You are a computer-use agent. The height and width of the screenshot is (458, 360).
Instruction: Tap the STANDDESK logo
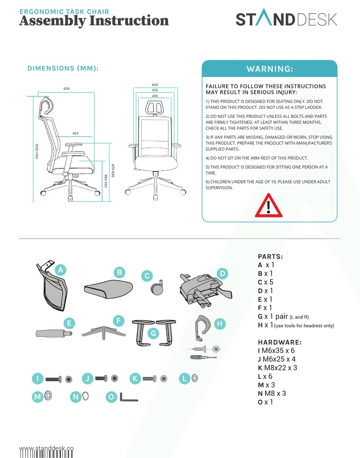[x=286, y=19]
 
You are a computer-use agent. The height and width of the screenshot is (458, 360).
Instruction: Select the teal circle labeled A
[x=61, y=270]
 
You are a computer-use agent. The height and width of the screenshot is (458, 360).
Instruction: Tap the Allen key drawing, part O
[x=128, y=397]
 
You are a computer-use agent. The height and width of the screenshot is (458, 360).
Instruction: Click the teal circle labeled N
[x=76, y=397]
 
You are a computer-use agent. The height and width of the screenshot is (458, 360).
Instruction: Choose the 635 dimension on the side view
[x=67, y=89]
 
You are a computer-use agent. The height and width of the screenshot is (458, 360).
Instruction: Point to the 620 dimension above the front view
[x=155, y=85]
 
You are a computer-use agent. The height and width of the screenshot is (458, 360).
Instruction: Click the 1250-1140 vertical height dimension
[x=37, y=151]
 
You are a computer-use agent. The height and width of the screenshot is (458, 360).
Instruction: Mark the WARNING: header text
[x=269, y=69]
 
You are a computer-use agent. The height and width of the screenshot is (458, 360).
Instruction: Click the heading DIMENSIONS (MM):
[x=63, y=69]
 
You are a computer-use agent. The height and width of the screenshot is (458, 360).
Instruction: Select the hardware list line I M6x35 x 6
[x=276, y=351]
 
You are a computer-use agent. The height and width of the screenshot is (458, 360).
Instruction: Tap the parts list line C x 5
[x=265, y=282]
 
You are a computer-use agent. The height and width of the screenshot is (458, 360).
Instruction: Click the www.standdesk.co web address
[x=46, y=448]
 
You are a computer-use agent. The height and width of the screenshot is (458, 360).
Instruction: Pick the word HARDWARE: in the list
[x=280, y=342]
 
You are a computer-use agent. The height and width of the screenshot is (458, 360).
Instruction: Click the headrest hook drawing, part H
[x=201, y=326]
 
